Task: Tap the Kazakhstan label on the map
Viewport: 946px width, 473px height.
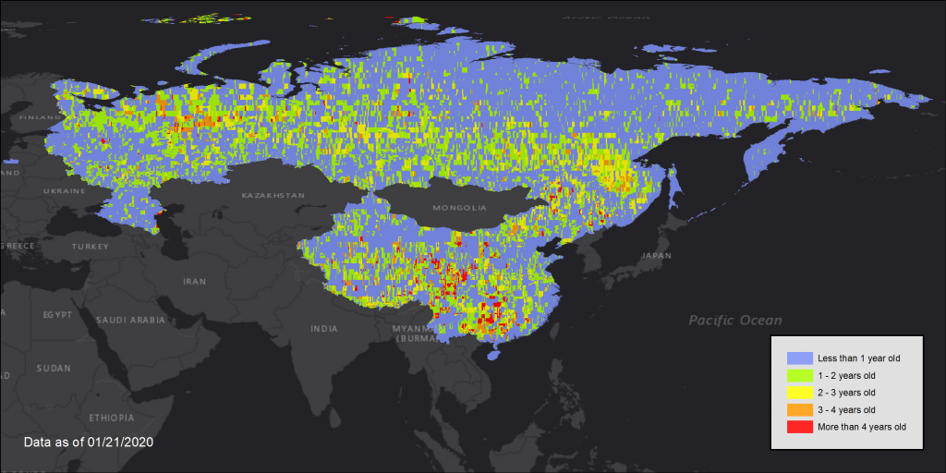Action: click(x=273, y=196)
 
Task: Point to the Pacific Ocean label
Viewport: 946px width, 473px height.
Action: click(x=734, y=321)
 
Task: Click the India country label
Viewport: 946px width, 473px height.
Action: click(x=323, y=328)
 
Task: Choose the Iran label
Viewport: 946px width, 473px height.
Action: click(x=194, y=281)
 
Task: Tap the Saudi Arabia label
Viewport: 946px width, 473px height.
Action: click(x=130, y=320)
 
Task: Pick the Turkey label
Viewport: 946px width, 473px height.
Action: click(x=90, y=247)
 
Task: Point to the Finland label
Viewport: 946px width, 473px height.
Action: click(x=37, y=117)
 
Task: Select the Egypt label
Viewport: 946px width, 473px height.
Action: click(x=56, y=314)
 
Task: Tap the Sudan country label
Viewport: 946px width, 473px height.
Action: click(x=54, y=368)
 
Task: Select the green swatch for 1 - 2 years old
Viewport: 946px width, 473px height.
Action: click(x=799, y=375)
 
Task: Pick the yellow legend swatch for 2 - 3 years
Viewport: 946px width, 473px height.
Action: click(x=799, y=393)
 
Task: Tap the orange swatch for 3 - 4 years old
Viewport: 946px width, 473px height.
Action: click(x=799, y=409)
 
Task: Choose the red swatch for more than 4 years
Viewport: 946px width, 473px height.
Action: click(x=799, y=427)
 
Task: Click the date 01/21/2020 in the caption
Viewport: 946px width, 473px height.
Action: click(x=121, y=443)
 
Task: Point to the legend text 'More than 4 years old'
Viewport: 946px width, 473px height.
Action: click(x=862, y=427)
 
